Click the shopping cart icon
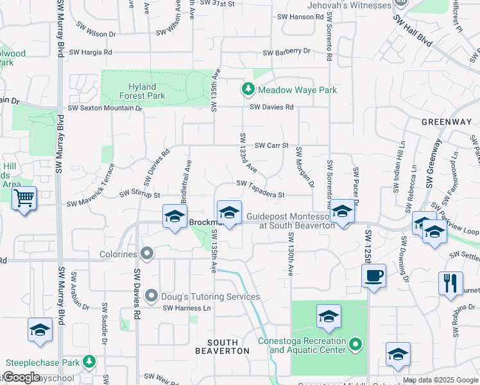pyautogui.click(x=24, y=198)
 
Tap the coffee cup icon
pyautogui.click(x=373, y=276)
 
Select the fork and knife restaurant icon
pyautogui.click(x=450, y=282)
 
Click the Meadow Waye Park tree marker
pyautogui.click(x=246, y=90)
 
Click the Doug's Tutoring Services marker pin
pyautogui.click(x=151, y=296)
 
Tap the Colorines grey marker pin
pyautogui.click(x=147, y=253)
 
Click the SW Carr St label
pyautogui.click(x=272, y=146)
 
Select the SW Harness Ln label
pyautogui.click(x=187, y=308)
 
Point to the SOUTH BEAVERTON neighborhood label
pyautogui.click(x=222, y=346)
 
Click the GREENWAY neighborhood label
pyautogui.click(x=446, y=122)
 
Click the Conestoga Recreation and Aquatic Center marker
pyautogui.click(x=357, y=346)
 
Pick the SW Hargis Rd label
pyautogui.click(x=90, y=52)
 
